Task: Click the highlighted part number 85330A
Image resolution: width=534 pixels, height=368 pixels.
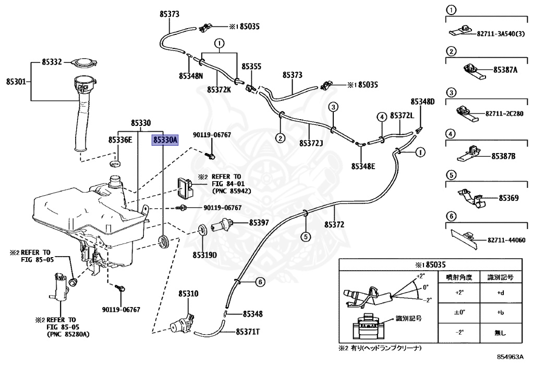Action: click(165, 140)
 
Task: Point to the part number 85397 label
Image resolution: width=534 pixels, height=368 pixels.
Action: click(259, 223)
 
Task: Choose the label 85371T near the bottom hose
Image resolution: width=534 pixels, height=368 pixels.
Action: click(248, 332)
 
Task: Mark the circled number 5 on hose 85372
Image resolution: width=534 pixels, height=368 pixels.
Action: click(306, 236)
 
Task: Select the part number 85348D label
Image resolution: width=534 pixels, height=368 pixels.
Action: click(422, 101)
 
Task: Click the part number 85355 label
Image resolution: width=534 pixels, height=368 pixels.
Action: click(251, 67)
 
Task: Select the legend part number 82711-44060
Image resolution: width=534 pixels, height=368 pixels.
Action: click(507, 240)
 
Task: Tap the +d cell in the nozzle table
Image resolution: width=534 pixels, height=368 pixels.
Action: click(500, 293)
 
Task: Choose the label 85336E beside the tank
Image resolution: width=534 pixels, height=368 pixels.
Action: click(120, 140)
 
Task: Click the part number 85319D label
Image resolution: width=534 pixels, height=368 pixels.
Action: click(204, 255)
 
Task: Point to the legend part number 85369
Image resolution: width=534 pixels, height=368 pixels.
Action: click(508, 198)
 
